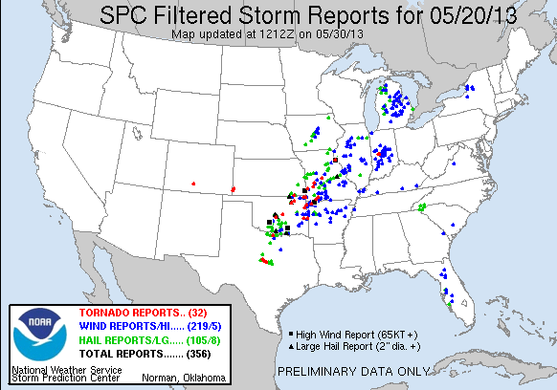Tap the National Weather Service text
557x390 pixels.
coord(65,369)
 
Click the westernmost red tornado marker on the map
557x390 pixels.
coord(193,183)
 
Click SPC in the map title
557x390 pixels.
coord(127,15)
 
